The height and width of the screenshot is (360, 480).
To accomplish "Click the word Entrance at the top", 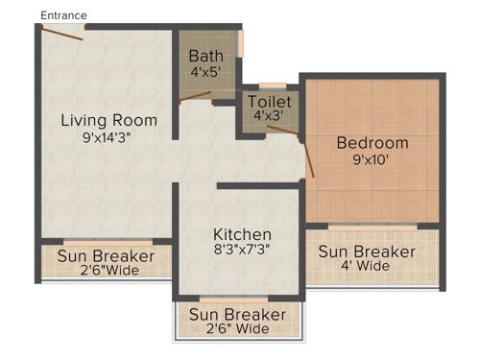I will click(x=63, y=15).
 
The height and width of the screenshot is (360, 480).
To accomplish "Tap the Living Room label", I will click(x=108, y=120).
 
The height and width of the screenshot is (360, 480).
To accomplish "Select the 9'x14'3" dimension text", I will click(x=108, y=137).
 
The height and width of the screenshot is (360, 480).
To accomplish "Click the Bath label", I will click(x=205, y=56).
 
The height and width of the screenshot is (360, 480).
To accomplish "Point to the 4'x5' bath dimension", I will click(x=205, y=71).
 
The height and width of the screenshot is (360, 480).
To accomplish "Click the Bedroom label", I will click(x=372, y=143).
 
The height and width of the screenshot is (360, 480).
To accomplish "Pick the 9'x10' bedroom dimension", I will click(x=372, y=160).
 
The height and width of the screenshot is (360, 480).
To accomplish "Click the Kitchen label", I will click(x=242, y=234).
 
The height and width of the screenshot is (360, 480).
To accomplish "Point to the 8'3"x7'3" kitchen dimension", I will click(x=242, y=251).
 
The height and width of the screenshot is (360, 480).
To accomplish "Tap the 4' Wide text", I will click(x=367, y=266).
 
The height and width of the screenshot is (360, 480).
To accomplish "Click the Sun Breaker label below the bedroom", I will click(x=367, y=252).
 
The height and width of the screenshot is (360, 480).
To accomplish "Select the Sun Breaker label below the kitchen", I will click(x=237, y=314).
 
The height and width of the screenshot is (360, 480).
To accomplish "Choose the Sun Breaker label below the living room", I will click(x=106, y=256).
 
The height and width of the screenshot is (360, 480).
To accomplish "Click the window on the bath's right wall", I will click(x=242, y=43).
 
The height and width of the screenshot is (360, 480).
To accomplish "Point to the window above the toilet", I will click(x=273, y=85).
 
